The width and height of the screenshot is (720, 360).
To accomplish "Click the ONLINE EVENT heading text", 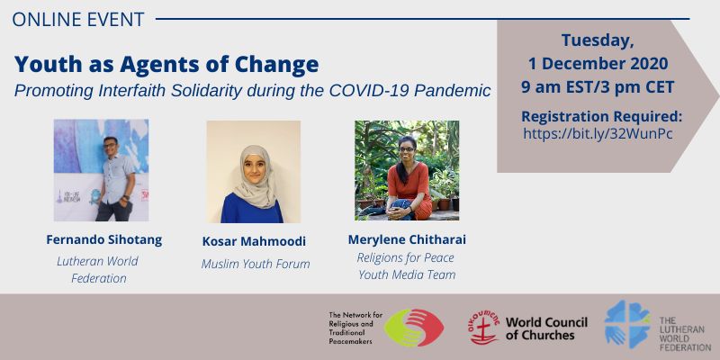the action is [x=78, y=19].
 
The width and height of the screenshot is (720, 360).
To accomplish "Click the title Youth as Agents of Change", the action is [x=166, y=64].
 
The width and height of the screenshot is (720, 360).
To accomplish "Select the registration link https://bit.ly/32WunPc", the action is [x=598, y=133].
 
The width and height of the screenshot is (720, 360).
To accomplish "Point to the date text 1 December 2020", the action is [x=598, y=63].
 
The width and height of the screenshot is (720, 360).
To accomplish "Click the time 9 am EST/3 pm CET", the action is [x=598, y=86].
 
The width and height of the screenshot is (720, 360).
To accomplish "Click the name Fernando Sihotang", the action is [x=104, y=239].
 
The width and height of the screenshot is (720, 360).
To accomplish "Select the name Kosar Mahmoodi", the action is [x=254, y=241].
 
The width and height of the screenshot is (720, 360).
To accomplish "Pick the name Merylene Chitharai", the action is [x=407, y=239].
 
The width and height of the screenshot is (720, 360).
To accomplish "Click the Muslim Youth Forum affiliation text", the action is [x=256, y=264].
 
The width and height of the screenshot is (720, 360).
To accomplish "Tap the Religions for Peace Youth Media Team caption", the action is [x=407, y=266].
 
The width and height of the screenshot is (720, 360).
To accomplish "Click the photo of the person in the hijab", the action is [x=254, y=172].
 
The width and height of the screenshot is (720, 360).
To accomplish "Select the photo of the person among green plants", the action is [x=407, y=170].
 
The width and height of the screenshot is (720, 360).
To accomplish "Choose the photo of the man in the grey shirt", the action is [x=101, y=170].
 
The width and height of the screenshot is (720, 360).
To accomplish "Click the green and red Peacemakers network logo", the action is [x=414, y=328].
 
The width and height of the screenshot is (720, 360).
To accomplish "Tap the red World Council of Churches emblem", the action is [x=484, y=328].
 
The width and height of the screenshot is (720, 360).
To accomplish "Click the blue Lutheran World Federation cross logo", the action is [x=627, y=324].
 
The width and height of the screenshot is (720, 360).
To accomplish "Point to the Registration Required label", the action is [x=601, y=117].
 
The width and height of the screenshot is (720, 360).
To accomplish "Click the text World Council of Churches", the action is [x=546, y=328].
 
